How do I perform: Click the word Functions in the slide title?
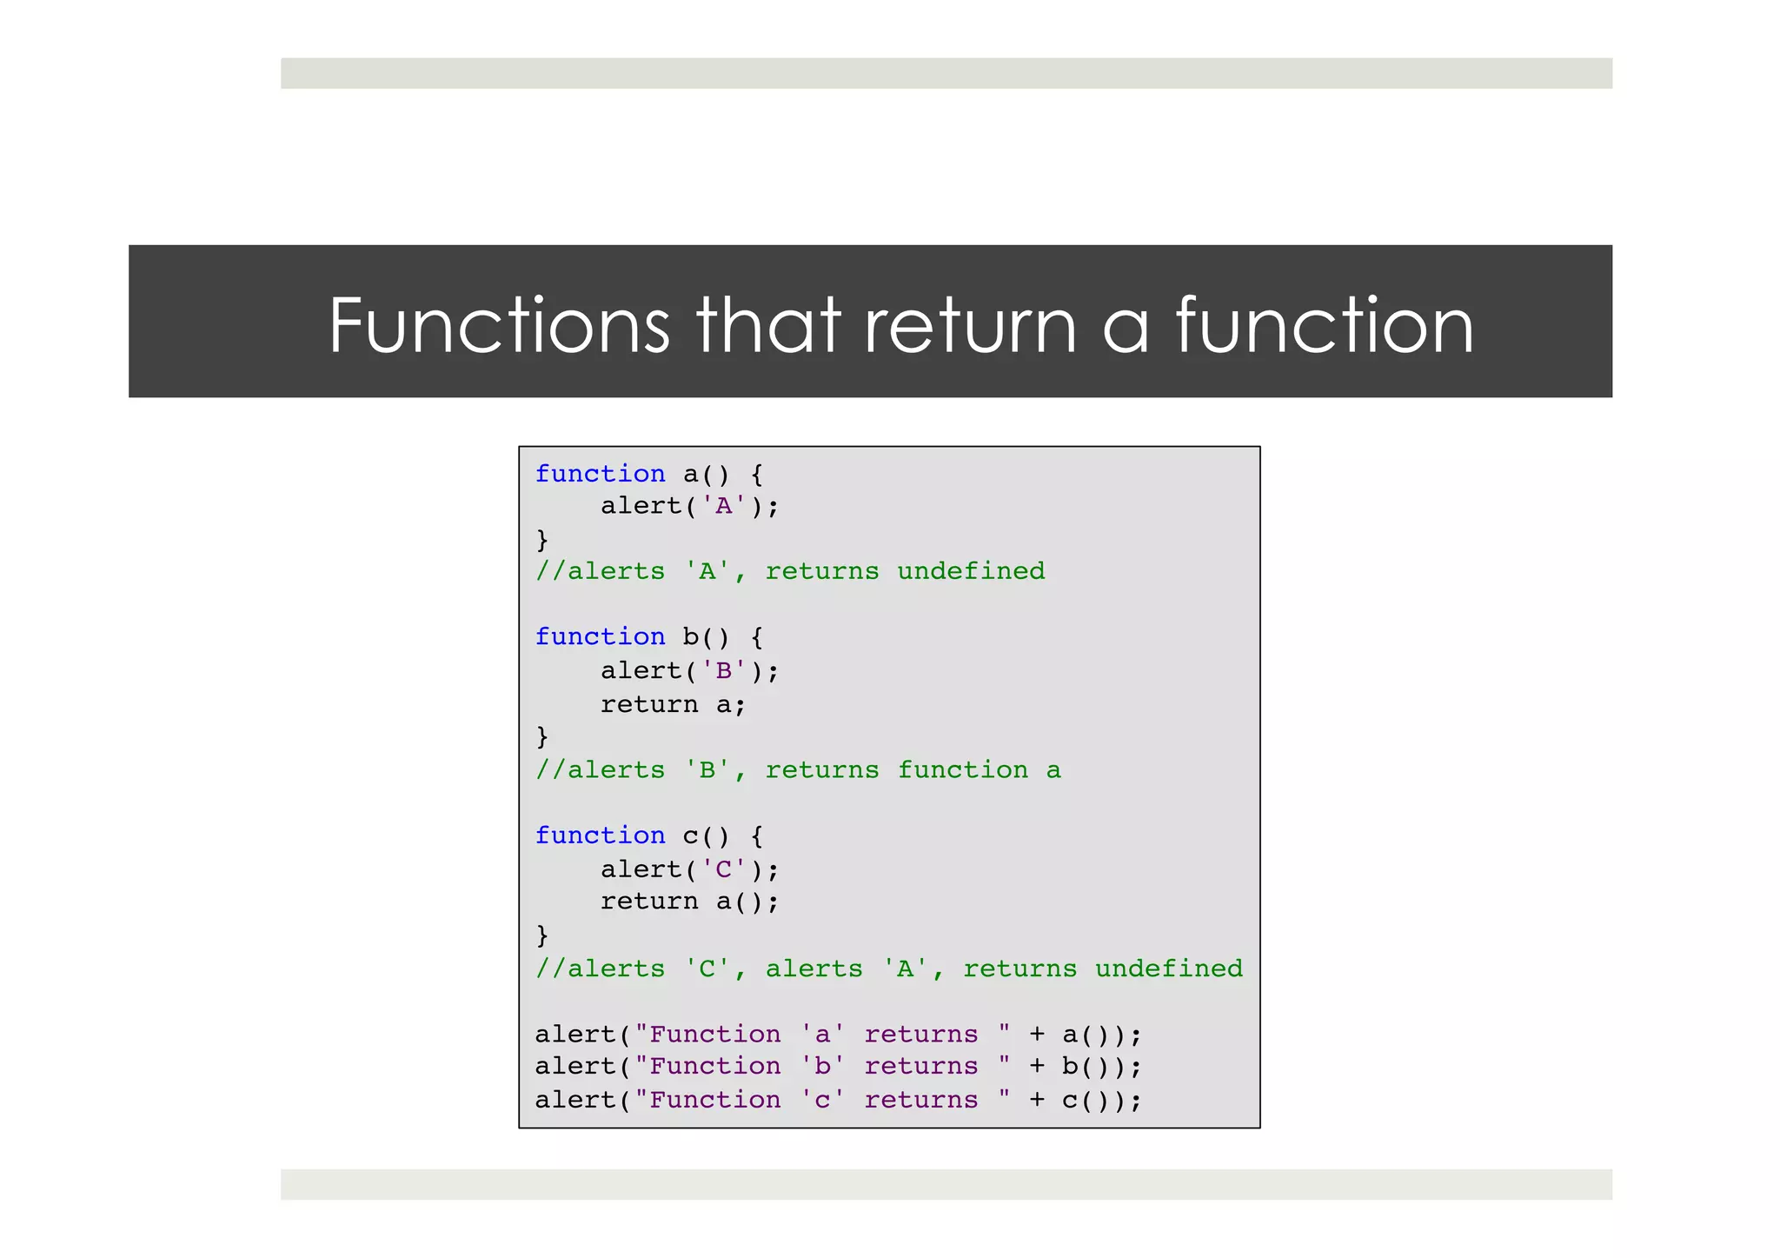tap(499, 325)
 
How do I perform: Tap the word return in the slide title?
tap(972, 327)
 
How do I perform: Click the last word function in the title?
tap(1325, 325)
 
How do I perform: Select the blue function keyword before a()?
tap(600, 474)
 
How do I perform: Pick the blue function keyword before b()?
tap(600, 636)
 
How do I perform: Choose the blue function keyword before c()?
tap(600, 835)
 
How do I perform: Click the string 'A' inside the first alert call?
tap(723, 506)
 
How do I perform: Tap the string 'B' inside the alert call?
tap(723, 670)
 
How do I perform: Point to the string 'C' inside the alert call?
tap(723, 869)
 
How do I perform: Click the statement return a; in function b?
tap(673, 704)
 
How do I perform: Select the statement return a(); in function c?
tap(689, 902)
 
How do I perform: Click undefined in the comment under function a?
tap(971, 571)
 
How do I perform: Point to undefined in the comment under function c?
tap(1168, 968)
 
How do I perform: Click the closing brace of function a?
tap(542, 540)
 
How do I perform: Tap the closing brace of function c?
tap(542, 935)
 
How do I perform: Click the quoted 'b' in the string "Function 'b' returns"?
tap(822, 1067)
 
